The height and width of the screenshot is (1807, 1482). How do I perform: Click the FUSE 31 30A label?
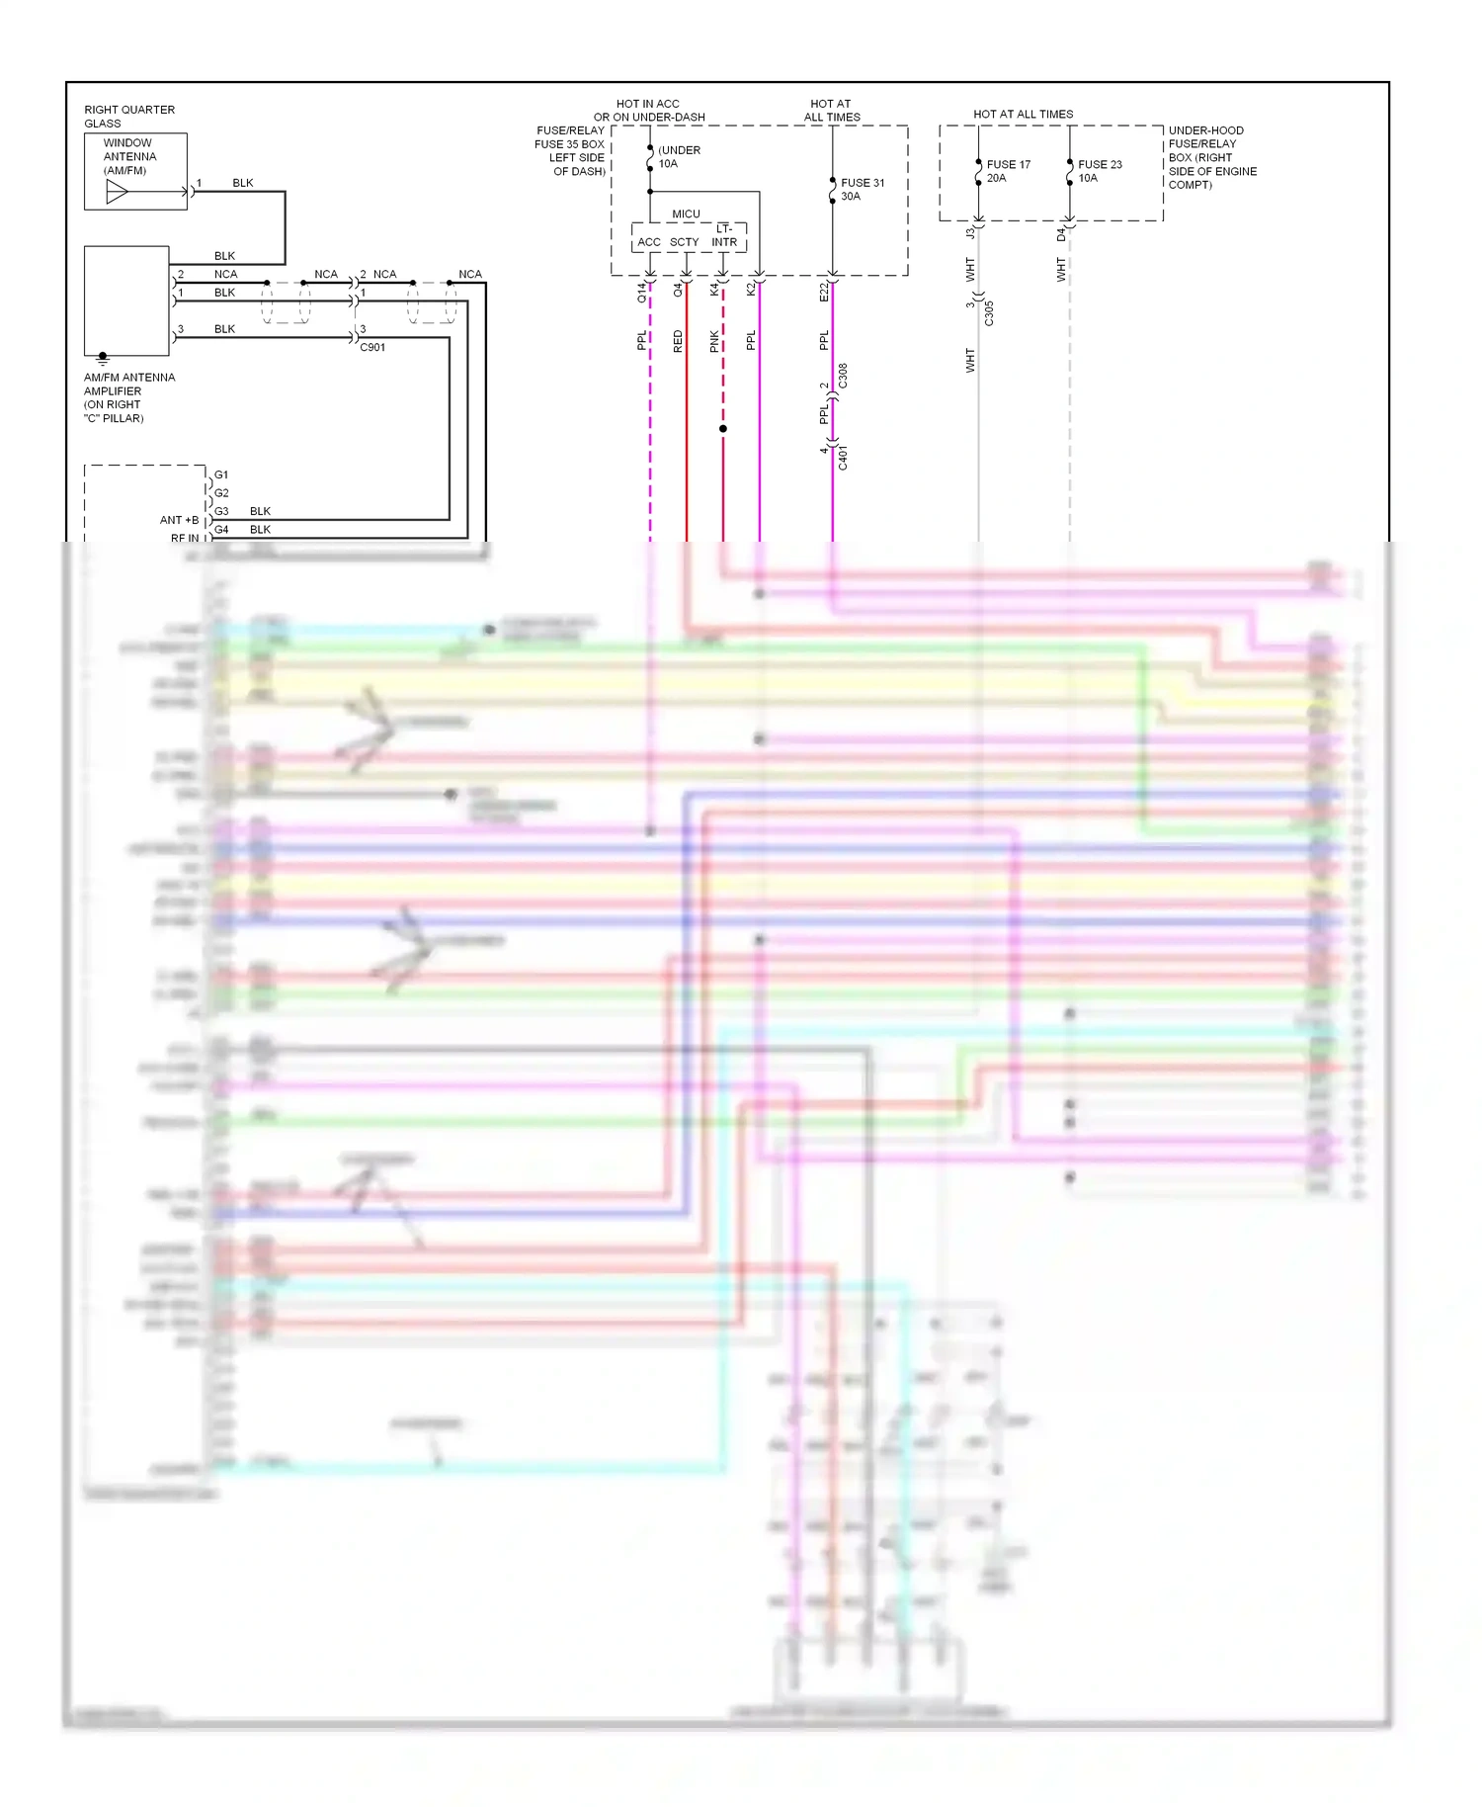point(863,190)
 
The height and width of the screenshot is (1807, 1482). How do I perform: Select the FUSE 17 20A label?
point(1008,171)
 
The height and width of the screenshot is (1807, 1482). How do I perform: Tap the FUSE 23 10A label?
point(1100,171)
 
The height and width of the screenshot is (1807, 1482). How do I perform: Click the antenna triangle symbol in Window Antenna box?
point(118,192)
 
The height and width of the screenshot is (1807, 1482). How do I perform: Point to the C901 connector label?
point(372,348)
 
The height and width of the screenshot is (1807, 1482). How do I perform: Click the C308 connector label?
point(843,376)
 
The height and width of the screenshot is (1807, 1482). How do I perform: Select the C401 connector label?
point(843,457)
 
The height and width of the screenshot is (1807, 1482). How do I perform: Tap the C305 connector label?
point(989,313)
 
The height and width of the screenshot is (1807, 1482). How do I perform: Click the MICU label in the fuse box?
point(686,215)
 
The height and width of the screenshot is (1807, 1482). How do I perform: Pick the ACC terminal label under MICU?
point(649,242)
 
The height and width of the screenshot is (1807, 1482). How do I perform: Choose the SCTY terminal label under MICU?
point(684,242)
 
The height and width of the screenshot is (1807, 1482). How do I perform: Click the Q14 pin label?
point(641,292)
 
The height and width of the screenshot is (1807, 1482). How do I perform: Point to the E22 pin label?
point(824,292)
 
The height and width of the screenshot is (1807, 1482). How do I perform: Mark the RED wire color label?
point(678,342)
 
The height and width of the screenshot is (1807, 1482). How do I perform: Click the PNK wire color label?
point(714,342)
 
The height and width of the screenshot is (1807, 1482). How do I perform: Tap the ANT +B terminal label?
point(179,520)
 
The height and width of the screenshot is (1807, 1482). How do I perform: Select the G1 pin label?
point(221,474)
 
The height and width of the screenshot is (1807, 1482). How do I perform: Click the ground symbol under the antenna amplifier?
point(103,360)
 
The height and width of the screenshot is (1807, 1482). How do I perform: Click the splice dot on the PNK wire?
point(723,429)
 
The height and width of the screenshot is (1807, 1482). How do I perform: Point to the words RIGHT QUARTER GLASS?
point(128,117)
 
